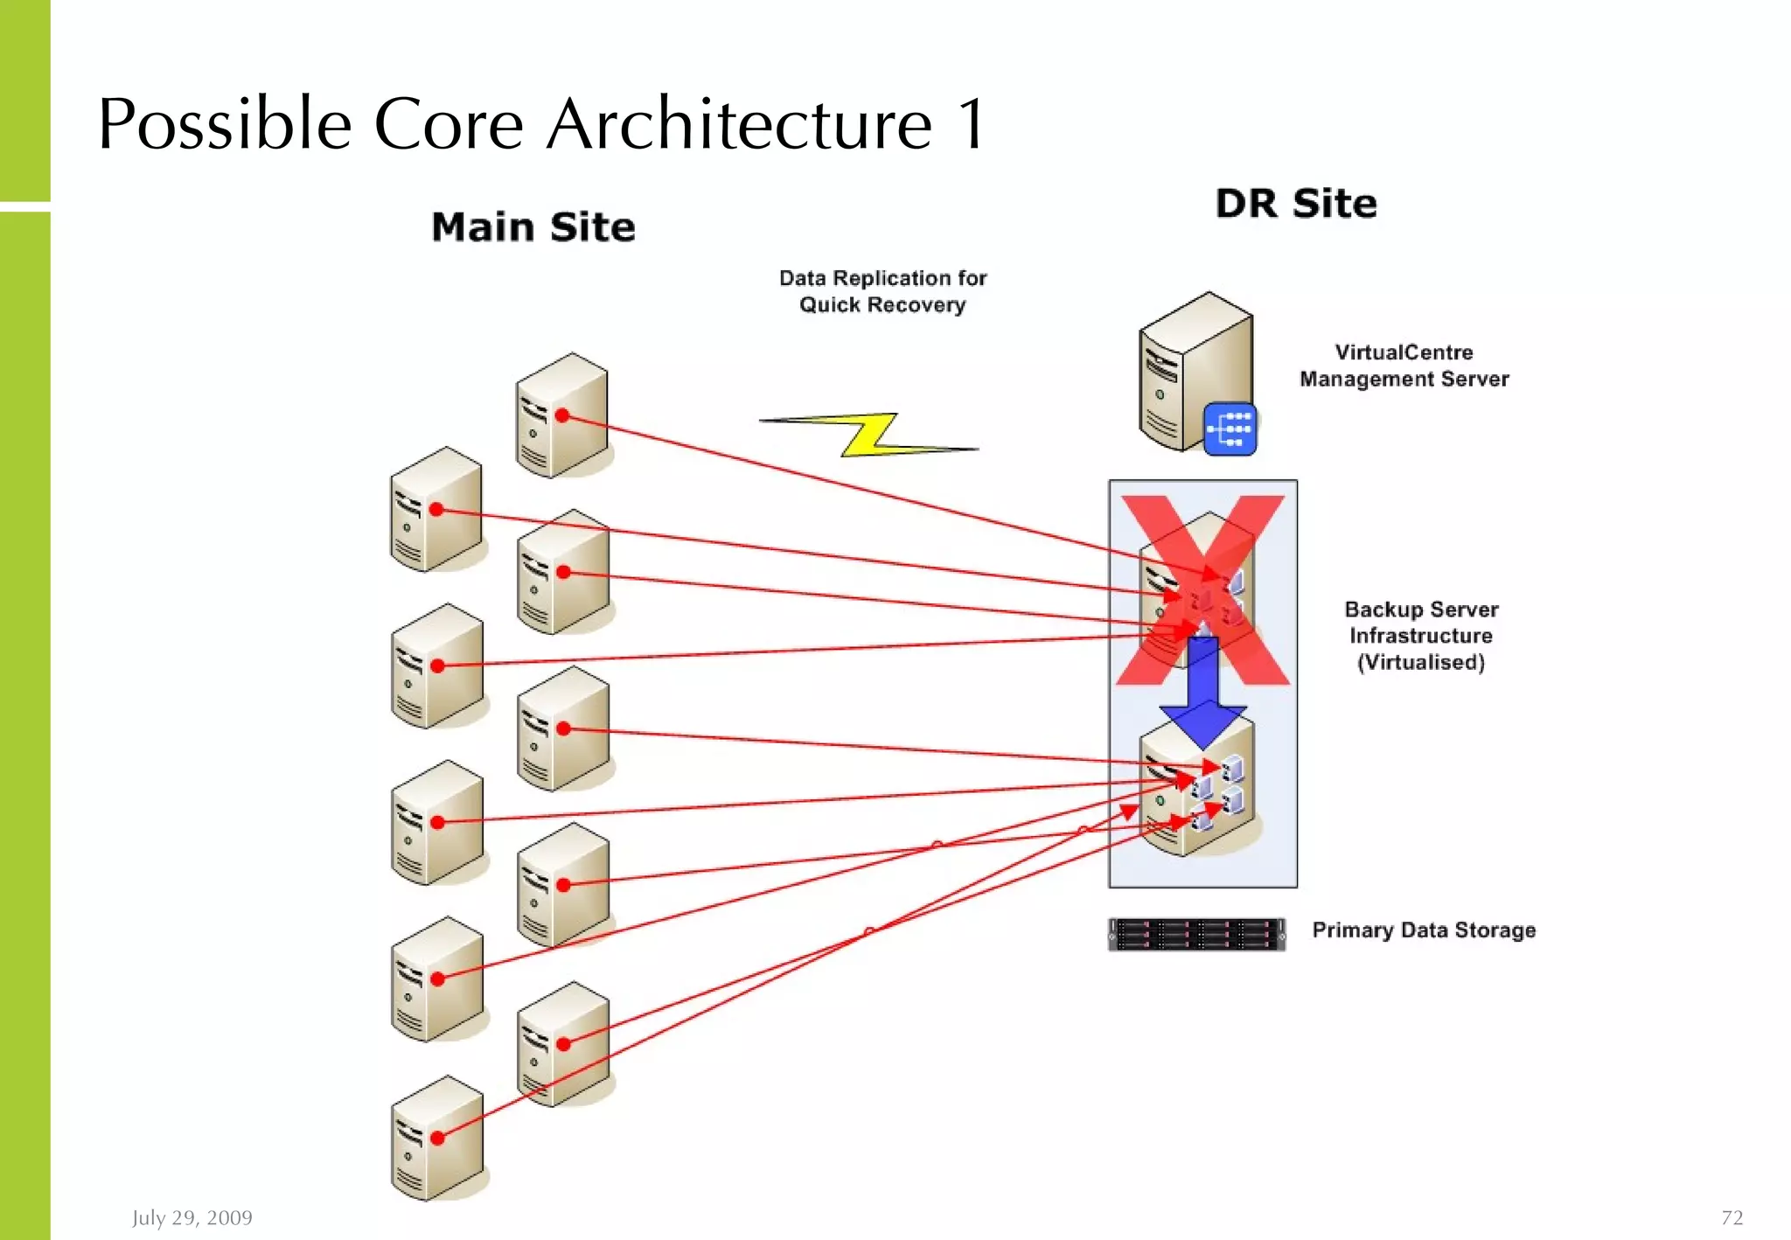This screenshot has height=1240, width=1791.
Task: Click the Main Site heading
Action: [x=533, y=227]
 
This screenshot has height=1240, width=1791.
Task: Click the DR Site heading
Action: [x=1296, y=204]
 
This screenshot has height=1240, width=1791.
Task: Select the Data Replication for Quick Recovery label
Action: [x=882, y=291]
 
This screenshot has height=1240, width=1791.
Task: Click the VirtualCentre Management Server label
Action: [x=1404, y=366]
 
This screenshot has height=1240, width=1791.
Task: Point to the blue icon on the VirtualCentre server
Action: [x=1230, y=429]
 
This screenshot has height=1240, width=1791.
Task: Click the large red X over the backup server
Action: [x=1203, y=590]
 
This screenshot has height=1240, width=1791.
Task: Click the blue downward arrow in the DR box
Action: [x=1203, y=691]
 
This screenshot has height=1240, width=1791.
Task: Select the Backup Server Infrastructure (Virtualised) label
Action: [x=1421, y=636]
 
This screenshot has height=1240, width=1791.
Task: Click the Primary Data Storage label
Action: [x=1424, y=930]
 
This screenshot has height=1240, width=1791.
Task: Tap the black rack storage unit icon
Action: [x=1196, y=934]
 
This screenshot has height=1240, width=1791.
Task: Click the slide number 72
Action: [x=1732, y=1217]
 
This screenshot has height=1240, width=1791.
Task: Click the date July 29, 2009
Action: [x=192, y=1217]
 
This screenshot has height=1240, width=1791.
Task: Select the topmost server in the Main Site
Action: [x=561, y=415]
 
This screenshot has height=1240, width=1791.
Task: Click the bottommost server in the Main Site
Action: [x=436, y=1139]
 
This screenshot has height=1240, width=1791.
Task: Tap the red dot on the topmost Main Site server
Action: [x=562, y=415]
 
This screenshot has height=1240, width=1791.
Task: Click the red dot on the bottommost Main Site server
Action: [x=437, y=1138]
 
